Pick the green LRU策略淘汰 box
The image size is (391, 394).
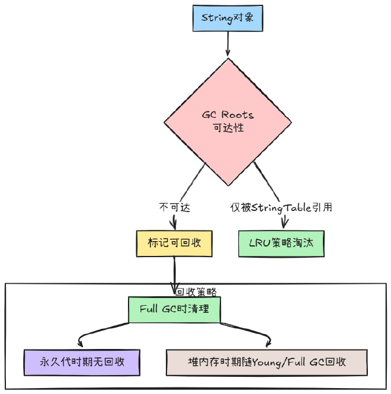[281, 244]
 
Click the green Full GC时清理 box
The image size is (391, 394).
[174, 309]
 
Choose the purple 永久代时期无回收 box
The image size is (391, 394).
[82, 362]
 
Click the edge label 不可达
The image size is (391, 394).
[174, 207]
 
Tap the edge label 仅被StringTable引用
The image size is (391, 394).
[281, 207]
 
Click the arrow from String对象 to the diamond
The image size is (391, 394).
[227, 44]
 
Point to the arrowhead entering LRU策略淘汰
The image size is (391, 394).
[284, 225]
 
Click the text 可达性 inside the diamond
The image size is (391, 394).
[227, 127]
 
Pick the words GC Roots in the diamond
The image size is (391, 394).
[227, 114]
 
